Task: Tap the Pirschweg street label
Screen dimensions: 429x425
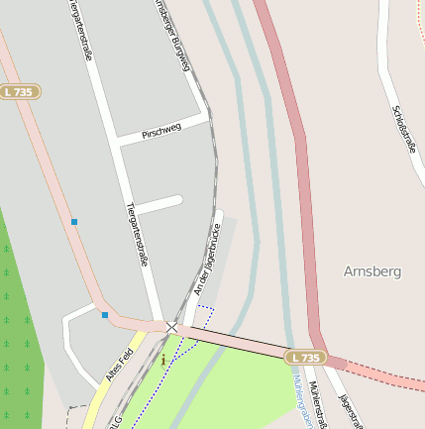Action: click(x=161, y=131)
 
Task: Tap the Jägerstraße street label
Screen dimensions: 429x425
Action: click(x=350, y=410)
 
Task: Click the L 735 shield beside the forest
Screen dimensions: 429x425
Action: click(x=19, y=91)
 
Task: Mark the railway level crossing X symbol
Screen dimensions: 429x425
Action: click(x=172, y=326)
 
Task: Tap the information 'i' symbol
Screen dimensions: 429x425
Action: click(x=163, y=360)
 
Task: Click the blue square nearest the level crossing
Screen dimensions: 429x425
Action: click(x=105, y=315)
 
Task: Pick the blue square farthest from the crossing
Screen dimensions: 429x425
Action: click(x=73, y=222)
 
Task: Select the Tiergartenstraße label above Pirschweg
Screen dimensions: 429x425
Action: click(x=81, y=30)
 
